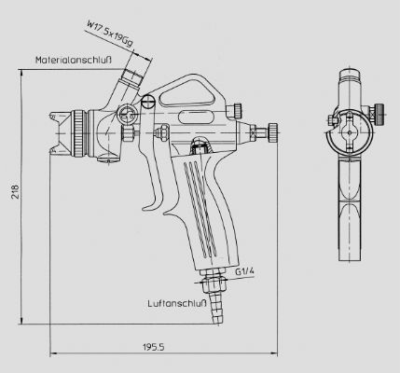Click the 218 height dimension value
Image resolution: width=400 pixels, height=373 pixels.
click(x=15, y=192)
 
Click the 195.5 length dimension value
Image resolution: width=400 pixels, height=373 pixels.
click(x=154, y=347)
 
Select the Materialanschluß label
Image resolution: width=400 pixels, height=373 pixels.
click(x=74, y=60)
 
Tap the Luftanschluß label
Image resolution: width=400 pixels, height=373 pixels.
click(x=177, y=303)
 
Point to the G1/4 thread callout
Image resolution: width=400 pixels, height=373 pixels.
click(x=244, y=271)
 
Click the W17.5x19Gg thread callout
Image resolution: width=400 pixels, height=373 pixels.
click(x=110, y=34)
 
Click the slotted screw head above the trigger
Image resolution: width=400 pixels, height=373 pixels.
click(x=147, y=102)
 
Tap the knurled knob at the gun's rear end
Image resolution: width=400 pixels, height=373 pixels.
click(x=273, y=132)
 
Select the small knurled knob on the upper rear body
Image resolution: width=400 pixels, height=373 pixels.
click(x=238, y=111)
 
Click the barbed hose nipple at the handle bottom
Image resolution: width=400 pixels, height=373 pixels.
click(x=216, y=308)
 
